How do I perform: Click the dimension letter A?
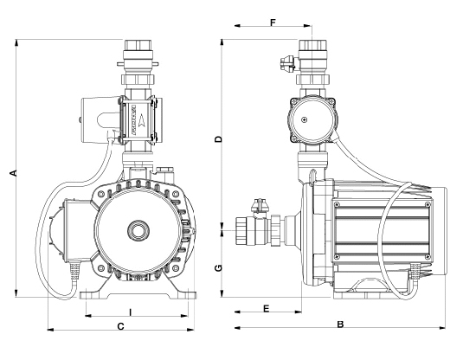tap(13, 173)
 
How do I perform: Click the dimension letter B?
tap(340, 325)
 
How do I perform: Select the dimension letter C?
tap(121, 326)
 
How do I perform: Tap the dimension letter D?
tap(218, 139)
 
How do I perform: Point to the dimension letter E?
tap(267, 309)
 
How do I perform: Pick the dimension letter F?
tap(273, 22)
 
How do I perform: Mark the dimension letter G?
tap(218, 268)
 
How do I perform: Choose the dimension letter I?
tap(130, 312)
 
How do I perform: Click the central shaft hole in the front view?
tap(138, 231)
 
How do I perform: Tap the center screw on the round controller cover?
tap(304, 119)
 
